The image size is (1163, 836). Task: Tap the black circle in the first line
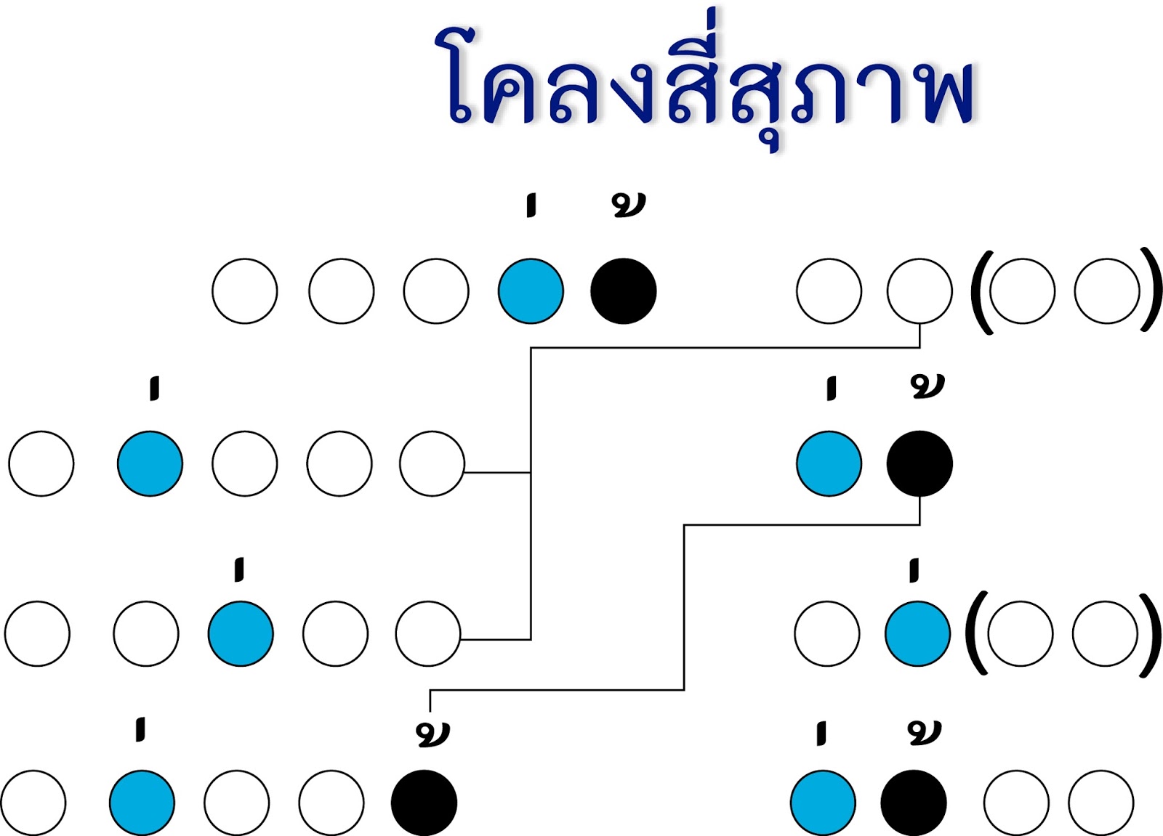pyautogui.click(x=624, y=291)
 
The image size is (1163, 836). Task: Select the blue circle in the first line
pyautogui.click(x=531, y=291)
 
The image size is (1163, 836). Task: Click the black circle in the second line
pyautogui.click(x=919, y=463)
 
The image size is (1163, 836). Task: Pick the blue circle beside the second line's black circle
pyautogui.click(x=829, y=463)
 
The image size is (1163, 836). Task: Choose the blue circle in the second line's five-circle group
pyautogui.click(x=150, y=463)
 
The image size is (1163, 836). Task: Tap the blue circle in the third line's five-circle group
pyautogui.click(x=241, y=633)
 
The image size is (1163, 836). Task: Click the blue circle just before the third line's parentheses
pyautogui.click(x=917, y=633)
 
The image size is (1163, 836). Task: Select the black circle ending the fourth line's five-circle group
pyautogui.click(x=424, y=803)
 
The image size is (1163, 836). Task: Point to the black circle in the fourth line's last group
pyautogui.click(x=914, y=803)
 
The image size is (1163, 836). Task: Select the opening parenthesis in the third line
pyautogui.click(x=976, y=633)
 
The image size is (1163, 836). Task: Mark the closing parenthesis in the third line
pyautogui.click(x=1149, y=633)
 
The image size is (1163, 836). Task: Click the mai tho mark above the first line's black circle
pyautogui.click(x=628, y=205)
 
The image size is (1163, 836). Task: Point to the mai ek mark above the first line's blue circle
pyautogui.click(x=531, y=205)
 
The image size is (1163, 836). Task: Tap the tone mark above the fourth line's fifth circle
pyautogui.click(x=433, y=734)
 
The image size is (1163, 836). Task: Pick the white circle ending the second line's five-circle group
pyautogui.click(x=432, y=463)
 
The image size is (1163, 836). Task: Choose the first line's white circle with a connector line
pyautogui.click(x=919, y=291)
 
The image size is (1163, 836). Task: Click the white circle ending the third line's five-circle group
pyautogui.click(x=428, y=633)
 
